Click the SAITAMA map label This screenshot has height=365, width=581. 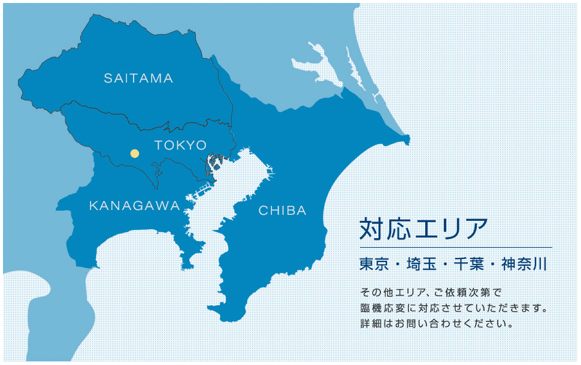coord(138,78)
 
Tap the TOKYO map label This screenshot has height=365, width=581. coord(180,145)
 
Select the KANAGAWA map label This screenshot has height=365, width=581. coord(134,206)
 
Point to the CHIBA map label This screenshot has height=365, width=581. coord(282,211)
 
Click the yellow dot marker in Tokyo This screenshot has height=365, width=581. coord(135,154)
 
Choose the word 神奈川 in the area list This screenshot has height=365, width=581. coord(524,264)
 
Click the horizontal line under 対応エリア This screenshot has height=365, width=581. coord(455,247)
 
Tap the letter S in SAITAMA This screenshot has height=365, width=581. coord(108,78)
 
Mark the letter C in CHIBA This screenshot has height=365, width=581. coord(262,211)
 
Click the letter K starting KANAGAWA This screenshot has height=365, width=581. coord(93,206)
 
